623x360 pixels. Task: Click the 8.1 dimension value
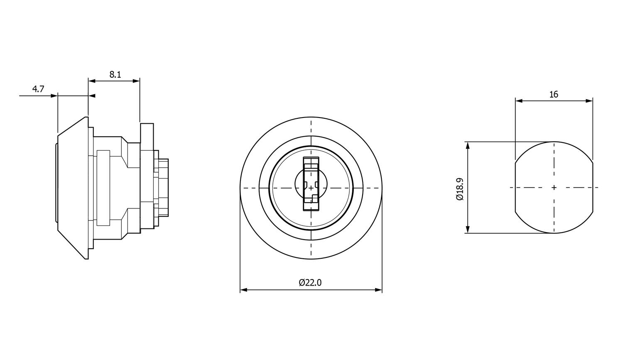pyautogui.click(x=115, y=75)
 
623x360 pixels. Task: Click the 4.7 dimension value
pyautogui.click(x=38, y=89)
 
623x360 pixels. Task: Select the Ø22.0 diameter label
pyautogui.click(x=310, y=283)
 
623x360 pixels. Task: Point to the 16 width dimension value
pyautogui.click(x=554, y=95)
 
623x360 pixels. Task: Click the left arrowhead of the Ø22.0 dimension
pyautogui.click(x=244, y=289)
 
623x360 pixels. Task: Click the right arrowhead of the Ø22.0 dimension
pyautogui.click(x=378, y=289)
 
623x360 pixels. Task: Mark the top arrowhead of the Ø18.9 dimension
pyautogui.click(x=468, y=145)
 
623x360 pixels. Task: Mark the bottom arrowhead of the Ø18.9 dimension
pyautogui.click(x=468, y=230)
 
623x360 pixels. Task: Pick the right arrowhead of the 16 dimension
pyautogui.click(x=589, y=100)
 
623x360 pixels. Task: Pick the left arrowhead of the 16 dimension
pyautogui.click(x=519, y=100)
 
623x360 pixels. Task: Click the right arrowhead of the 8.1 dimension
pyautogui.click(x=136, y=81)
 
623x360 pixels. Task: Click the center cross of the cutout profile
pyautogui.click(x=554, y=188)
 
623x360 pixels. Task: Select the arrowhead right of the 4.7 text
pyautogui.click(x=54, y=96)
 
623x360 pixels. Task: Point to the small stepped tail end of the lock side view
pyautogui.click(x=163, y=187)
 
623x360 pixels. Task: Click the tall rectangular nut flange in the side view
pyautogui.click(x=147, y=176)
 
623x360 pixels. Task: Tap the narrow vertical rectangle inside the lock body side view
pyautogui.click(x=103, y=188)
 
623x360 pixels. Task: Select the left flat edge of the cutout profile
pyautogui.click(x=515, y=186)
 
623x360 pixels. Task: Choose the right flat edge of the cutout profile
pyautogui.click(x=593, y=186)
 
